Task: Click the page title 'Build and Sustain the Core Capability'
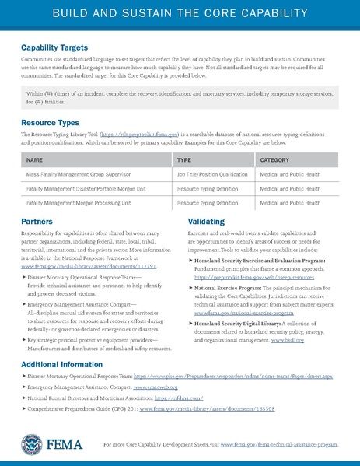coord(180,15)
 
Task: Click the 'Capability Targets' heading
coord(60,47)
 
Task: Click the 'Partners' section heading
coord(38,222)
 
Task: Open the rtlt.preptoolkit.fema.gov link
coord(136,135)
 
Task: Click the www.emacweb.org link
coord(156,386)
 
